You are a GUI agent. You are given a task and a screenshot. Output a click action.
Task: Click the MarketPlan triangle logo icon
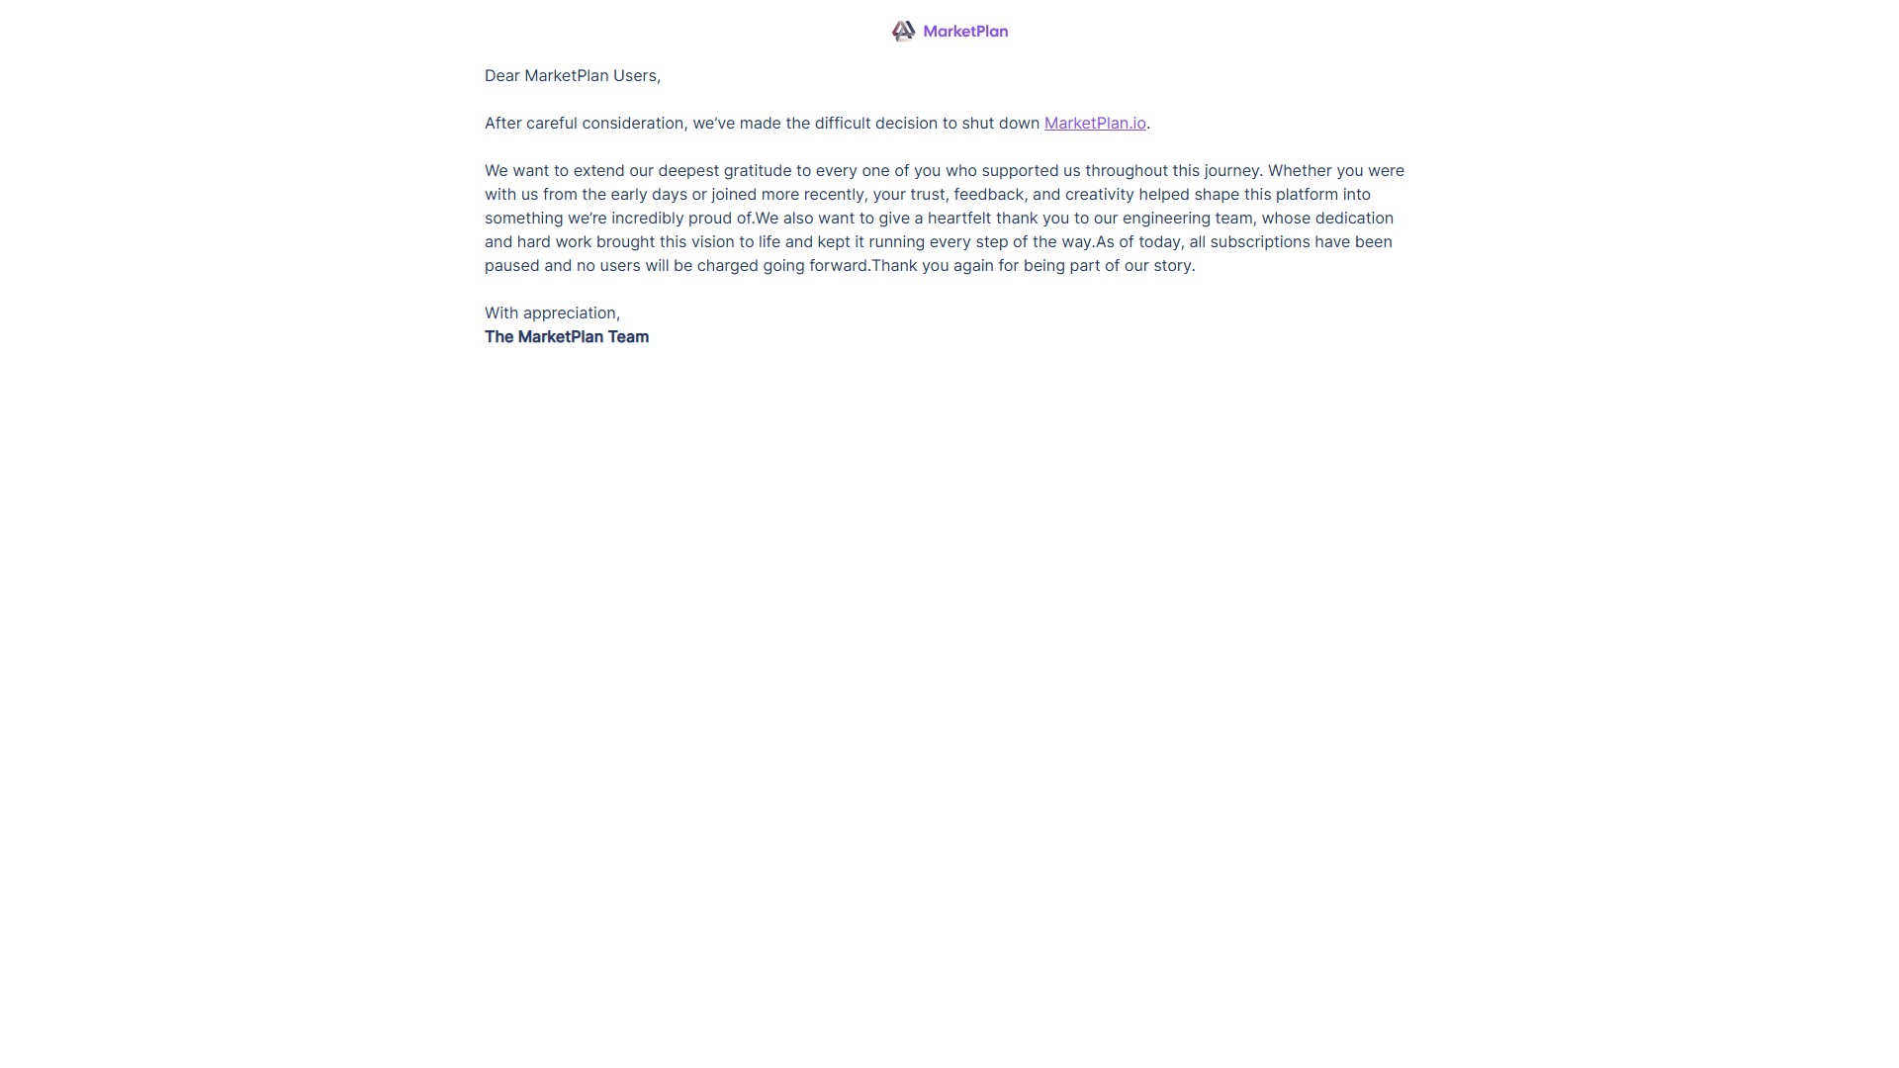coord(903,32)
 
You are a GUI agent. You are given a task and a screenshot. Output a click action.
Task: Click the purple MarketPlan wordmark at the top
coord(965,32)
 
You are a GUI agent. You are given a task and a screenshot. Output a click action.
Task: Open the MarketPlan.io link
coord(1095,124)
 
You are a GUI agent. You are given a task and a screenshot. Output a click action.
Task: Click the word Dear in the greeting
coord(501,76)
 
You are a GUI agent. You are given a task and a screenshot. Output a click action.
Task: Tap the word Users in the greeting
coord(635,76)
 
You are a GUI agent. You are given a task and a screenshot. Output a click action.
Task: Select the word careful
coord(551,124)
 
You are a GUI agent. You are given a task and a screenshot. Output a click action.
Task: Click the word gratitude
coord(758,171)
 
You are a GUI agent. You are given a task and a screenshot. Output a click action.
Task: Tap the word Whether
coord(1300,171)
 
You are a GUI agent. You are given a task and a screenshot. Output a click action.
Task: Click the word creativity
coord(1099,195)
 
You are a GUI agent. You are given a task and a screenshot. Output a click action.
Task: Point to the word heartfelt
coord(958,219)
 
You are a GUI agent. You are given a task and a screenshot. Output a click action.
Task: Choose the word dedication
coord(1354,219)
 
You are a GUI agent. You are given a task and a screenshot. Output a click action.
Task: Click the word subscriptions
coord(1259,242)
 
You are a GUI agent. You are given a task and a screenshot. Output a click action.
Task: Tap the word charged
coord(727,266)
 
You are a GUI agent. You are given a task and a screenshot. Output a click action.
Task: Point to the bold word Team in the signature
coord(628,337)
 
